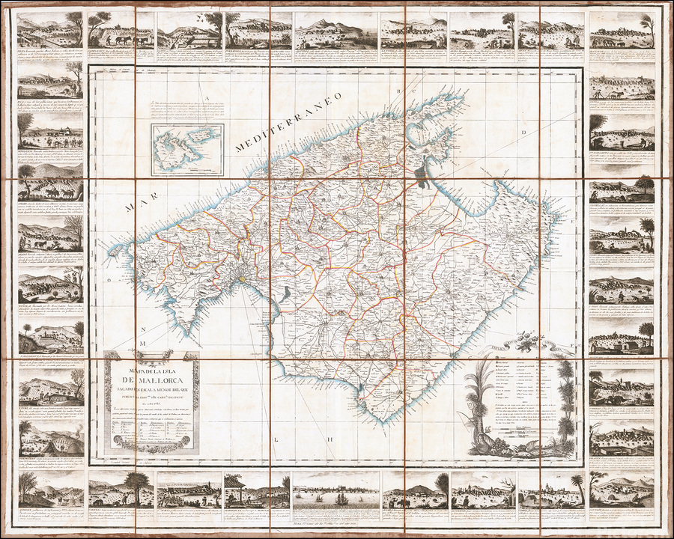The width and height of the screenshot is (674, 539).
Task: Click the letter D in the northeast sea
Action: tap(567, 134)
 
